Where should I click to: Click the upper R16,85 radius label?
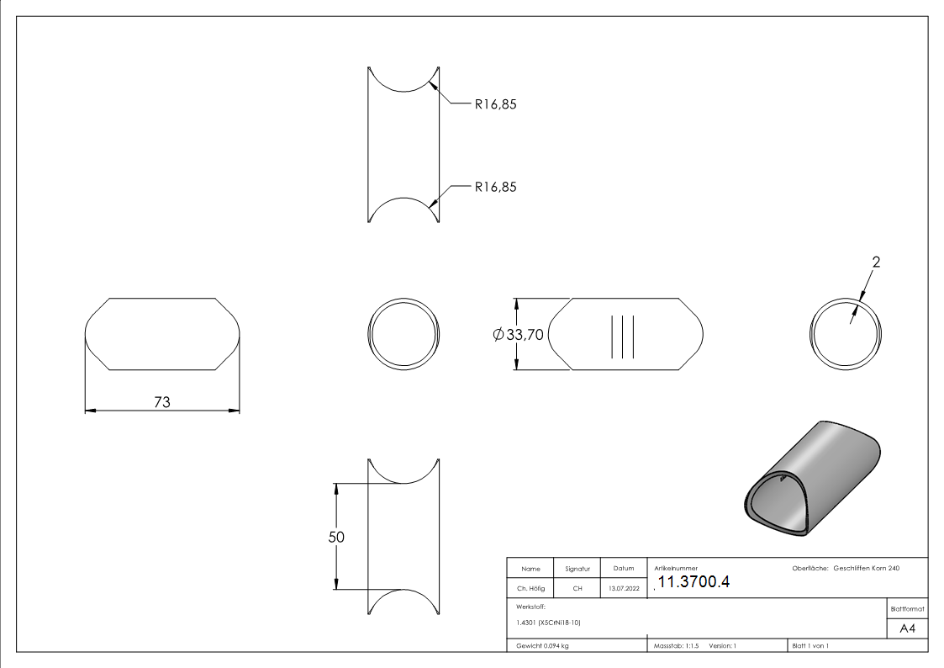pos(495,104)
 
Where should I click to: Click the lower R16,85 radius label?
pos(495,187)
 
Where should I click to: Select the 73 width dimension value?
pos(162,402)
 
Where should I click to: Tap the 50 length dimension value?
pos(336,537)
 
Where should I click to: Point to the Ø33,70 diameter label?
pos(518,334)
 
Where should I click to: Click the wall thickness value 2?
pos(876,262)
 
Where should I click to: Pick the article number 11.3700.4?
pos(693,582)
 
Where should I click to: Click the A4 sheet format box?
pos(907,628)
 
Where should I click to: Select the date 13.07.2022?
pos(624,588)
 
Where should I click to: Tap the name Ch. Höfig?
pos(530,588)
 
